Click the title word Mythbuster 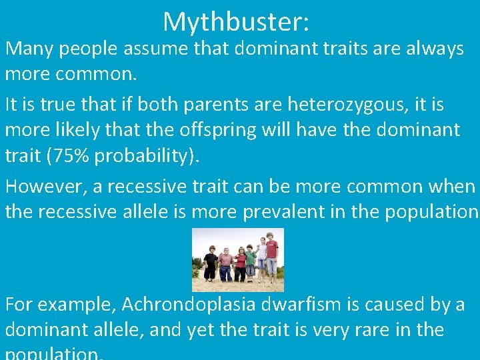point(235,21)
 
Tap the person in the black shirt point(210,262)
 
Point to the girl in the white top point(261,257)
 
